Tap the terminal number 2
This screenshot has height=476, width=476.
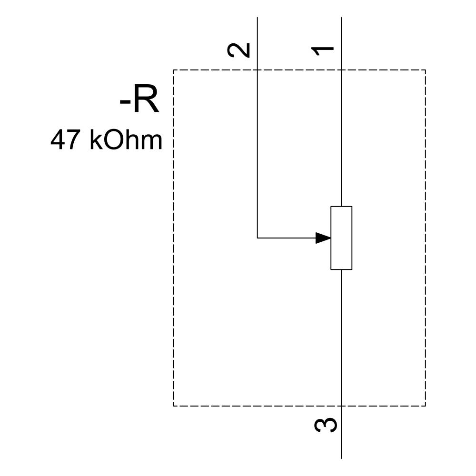[239, 50]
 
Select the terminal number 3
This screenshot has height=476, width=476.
[326, 425]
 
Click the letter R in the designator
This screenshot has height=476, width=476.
[146, 101]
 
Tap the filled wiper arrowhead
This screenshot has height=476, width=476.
[323, 238]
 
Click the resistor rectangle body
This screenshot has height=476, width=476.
[341, 238]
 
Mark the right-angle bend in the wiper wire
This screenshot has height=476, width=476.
[258, 238]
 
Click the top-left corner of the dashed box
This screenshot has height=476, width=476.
[173, 70]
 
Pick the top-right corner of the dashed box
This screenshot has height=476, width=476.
[425, 70]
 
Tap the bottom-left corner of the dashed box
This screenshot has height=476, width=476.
[173, 406]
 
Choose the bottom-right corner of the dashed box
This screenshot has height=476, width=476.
[425, 406]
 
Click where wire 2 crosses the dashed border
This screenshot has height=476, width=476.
[258, 70]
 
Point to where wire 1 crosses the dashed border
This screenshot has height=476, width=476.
[341, 70]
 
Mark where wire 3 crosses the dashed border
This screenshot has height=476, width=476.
[341, 406]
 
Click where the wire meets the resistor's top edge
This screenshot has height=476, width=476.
[341, 207]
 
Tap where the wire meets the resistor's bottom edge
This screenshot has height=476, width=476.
[341, 269]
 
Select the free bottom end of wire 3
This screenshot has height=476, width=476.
[341, 458]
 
